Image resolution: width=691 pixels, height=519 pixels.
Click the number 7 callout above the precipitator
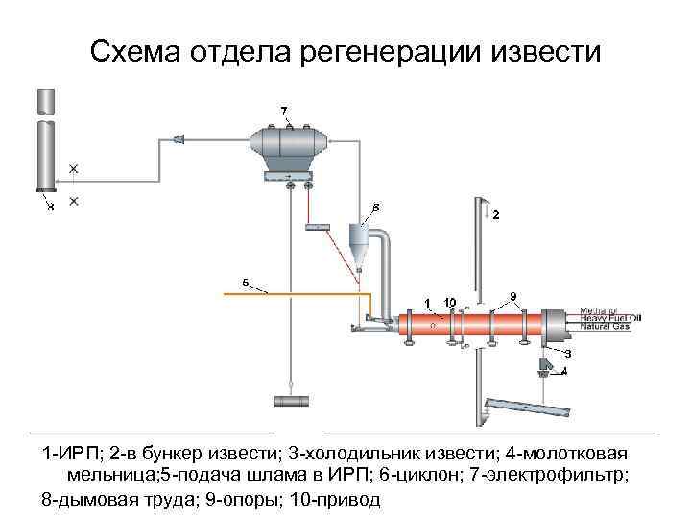point(284,110)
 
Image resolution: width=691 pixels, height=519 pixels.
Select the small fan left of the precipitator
point(179,140)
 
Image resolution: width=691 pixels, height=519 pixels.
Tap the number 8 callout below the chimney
point(51,206)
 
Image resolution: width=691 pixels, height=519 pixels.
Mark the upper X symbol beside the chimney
point(74,169)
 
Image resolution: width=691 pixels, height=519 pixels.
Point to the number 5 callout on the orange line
point(245,283)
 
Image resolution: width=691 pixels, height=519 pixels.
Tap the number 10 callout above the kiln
point(449,302)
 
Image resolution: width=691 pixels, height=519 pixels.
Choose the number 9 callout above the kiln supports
point(513,295)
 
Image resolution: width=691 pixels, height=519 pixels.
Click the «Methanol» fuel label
point(599,311)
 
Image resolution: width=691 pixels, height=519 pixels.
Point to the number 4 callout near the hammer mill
point(564,371)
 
